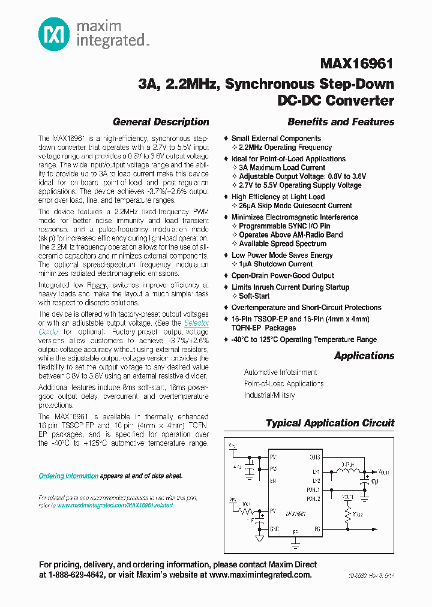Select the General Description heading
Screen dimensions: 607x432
click(161, 122)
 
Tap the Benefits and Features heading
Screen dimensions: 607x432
click(341, 122)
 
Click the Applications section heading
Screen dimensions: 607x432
click(364, 356)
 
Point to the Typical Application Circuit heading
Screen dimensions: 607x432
click(330, 423)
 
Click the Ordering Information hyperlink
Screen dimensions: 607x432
click(68, 476)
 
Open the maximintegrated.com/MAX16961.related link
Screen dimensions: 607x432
click(115, 506)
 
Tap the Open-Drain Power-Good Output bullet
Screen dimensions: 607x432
click(283, 275)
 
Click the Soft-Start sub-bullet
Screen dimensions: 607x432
click(254, 296)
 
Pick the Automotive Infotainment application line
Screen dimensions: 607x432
click(280, 372)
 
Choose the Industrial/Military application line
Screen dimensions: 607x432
click(269, 395)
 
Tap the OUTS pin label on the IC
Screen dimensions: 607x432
click(314, 456)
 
